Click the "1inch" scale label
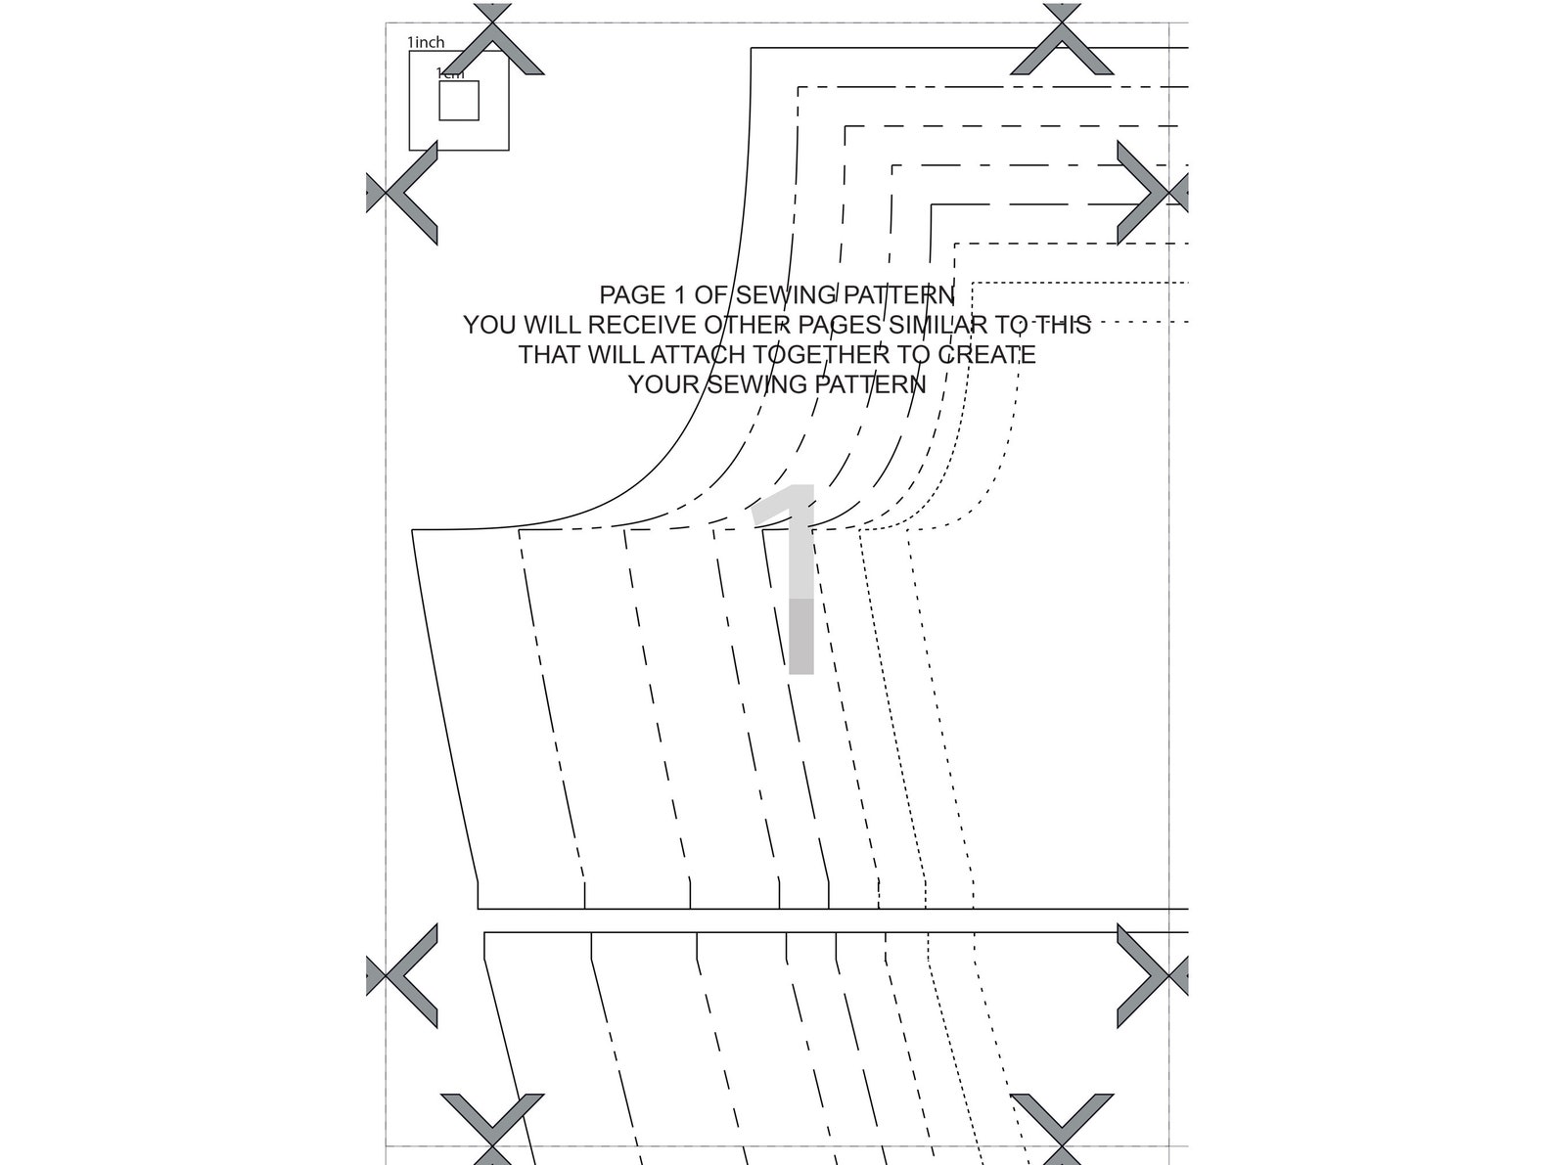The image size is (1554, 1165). (x=426, y=42)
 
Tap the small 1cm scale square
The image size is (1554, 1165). (x=458, y=101)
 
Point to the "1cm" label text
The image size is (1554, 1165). (x=450, y=73)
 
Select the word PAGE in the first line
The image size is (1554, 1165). (x=627, y=294)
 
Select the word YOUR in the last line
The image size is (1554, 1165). (x=663, y=384)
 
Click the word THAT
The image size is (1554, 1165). (x=551, y=354)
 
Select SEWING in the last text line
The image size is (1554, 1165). (x=753, y=384)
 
